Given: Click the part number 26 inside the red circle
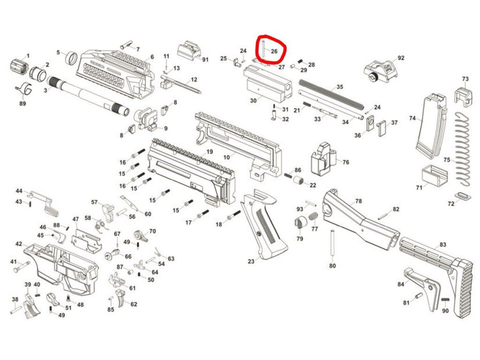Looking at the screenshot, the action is pyautogui.click(x=275, y=51).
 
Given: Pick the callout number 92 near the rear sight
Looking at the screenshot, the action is pyautogui.click(x=400, y=58).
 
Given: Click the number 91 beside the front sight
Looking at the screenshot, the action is pyautogui.click(x=204, y=60).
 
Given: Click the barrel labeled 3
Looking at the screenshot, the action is pyautogui.click(x=89, y=93).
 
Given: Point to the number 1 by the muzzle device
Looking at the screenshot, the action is pyautogui.click(x=27, y=56).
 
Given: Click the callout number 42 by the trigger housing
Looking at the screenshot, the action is pyautogui.click(x=19, y=244).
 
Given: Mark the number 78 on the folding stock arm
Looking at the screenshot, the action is pyautogui.click(x=358, y=201).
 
